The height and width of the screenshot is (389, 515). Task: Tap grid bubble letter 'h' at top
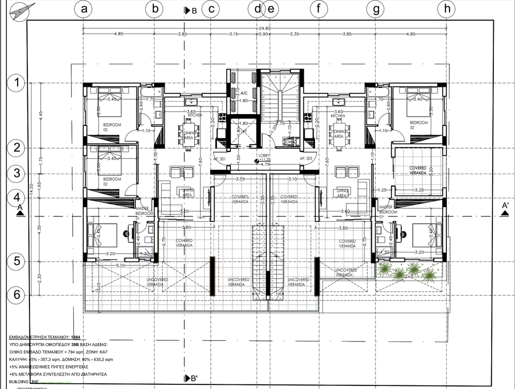point(446,8)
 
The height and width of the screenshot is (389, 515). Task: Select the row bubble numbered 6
point(17,295)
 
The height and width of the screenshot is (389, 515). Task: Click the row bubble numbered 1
point(17,82)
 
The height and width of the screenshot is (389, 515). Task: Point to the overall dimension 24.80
point(264,29)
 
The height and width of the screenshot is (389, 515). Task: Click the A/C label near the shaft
point(244,94)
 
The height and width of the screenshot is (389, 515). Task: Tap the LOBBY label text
point(264,155)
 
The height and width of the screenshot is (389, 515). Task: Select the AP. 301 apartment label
point(220,159)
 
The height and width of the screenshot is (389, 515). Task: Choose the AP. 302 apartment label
point(307,159)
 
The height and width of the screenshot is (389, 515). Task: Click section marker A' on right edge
point(505,206)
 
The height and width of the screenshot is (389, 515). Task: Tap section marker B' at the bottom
point(192,379)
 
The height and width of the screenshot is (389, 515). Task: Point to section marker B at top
point(191,10)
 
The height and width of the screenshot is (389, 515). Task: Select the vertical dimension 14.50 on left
point(32,186)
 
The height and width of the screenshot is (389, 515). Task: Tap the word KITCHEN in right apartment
point(337,116)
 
